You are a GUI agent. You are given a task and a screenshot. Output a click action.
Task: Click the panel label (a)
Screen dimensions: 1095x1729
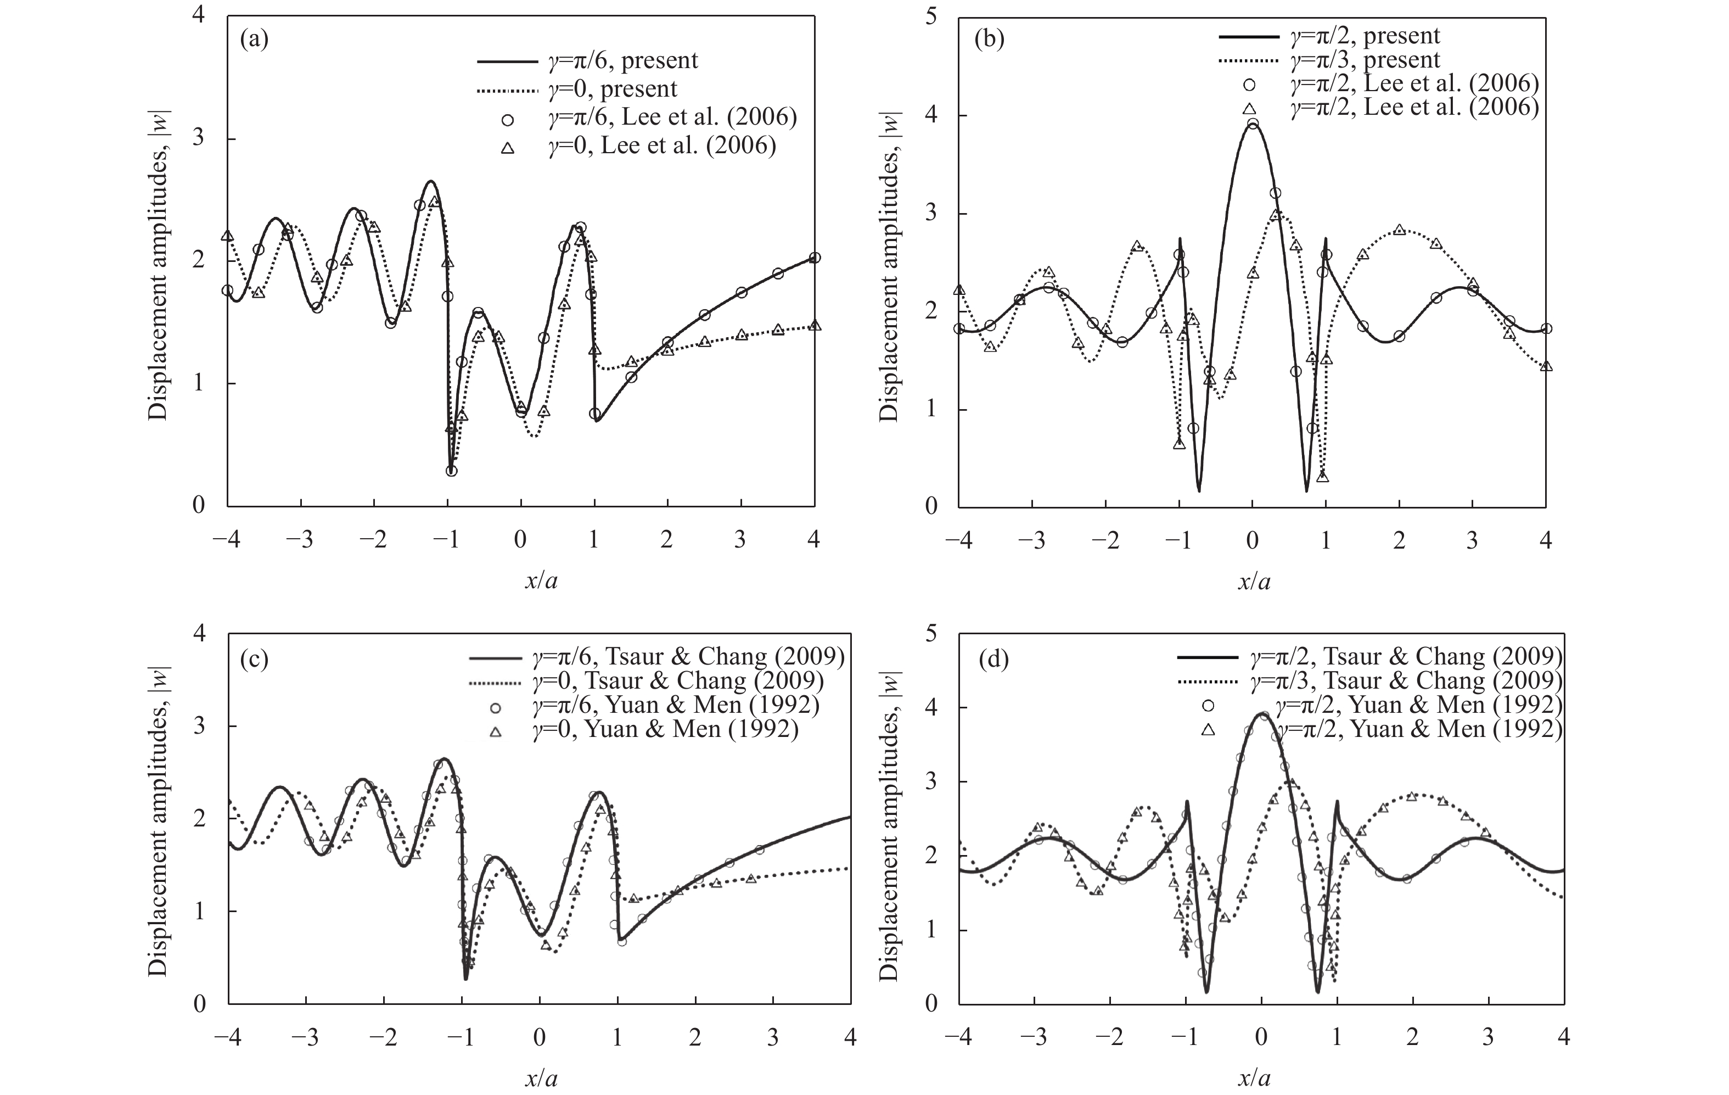pos(254,40)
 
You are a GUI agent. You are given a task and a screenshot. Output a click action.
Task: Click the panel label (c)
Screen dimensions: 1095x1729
pos(254,659)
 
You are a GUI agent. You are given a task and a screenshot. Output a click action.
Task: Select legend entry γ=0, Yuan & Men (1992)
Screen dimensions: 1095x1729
pos(664,729)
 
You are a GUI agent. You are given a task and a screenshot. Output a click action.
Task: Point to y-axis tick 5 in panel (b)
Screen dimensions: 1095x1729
pos(931,17)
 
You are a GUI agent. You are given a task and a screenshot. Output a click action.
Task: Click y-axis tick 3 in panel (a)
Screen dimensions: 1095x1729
pos(199,139)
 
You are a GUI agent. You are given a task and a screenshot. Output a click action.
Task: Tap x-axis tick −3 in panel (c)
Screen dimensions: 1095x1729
pos(307,1038)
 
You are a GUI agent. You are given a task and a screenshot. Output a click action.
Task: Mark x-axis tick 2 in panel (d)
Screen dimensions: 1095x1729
pos(1412,1038)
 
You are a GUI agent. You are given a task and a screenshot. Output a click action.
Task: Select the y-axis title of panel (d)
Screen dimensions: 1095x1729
pos(888,825)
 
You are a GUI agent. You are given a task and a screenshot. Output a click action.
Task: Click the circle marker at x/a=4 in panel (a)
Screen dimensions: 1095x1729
pos(814,258)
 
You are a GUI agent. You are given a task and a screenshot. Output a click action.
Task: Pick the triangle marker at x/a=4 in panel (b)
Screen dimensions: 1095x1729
pos(1546,366)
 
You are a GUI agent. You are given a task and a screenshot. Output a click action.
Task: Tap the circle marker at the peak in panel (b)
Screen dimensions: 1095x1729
pos(1253,124)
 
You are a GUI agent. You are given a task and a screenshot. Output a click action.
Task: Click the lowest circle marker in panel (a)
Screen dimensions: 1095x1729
pos(451,471)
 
